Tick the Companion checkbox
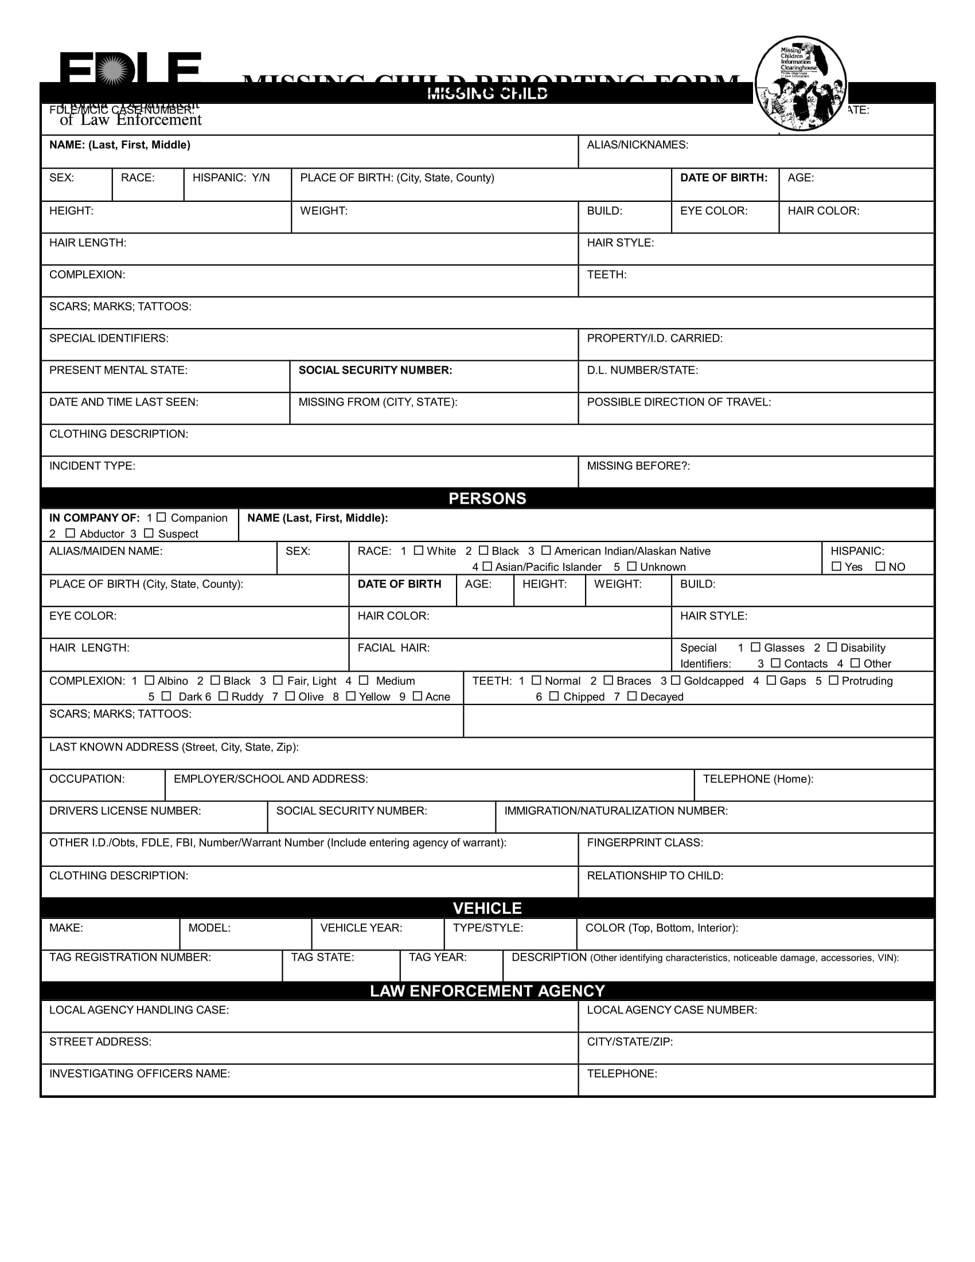point(161,517)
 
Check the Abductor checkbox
point(71,533)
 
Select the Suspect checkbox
point(149,533)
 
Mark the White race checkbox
point(419,550)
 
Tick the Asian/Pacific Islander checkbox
point(487,566)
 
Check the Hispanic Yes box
point(836,566)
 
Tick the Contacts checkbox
point(776,663)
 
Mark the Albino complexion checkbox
point(150,680)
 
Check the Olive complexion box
point(290,696)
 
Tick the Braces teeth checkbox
point(608,680)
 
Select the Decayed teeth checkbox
point(632,696)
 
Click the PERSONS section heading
point(487,498)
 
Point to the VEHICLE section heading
point(487,909)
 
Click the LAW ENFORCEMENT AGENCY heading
point(487,991)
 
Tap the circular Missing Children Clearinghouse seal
point(801,84)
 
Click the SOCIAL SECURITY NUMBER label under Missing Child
point(376,371)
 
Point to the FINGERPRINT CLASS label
point(645,843)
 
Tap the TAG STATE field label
point(322,957)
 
